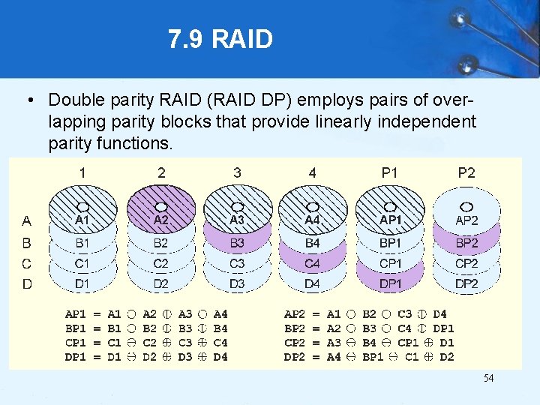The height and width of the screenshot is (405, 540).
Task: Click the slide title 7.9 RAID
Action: [220, 39]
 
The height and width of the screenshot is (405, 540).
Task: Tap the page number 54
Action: [487, 379]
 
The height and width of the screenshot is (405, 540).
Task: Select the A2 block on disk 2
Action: [161, 220]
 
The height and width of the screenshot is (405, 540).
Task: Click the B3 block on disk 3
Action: [237, 243]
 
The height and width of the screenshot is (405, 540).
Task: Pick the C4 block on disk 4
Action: [312, 263]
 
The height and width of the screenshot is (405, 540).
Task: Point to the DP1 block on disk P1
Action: [390, 283]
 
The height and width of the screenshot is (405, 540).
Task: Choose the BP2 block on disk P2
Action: [466, 243]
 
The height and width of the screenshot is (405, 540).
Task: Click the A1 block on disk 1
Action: [82, 220]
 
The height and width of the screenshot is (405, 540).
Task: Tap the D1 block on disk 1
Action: [82, 283]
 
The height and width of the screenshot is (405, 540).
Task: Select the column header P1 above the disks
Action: [390, 172]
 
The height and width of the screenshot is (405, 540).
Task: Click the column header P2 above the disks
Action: [466, 172]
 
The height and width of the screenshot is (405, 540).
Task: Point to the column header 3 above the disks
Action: [237, 172]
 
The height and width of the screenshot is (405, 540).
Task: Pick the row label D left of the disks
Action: [27, 284]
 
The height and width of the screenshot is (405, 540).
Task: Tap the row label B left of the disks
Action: [27, 243]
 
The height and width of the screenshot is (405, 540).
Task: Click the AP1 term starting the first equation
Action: [76, 315]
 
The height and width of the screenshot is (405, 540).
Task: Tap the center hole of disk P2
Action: [466, 205]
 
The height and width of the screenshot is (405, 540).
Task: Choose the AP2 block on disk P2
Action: [466, 220]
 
